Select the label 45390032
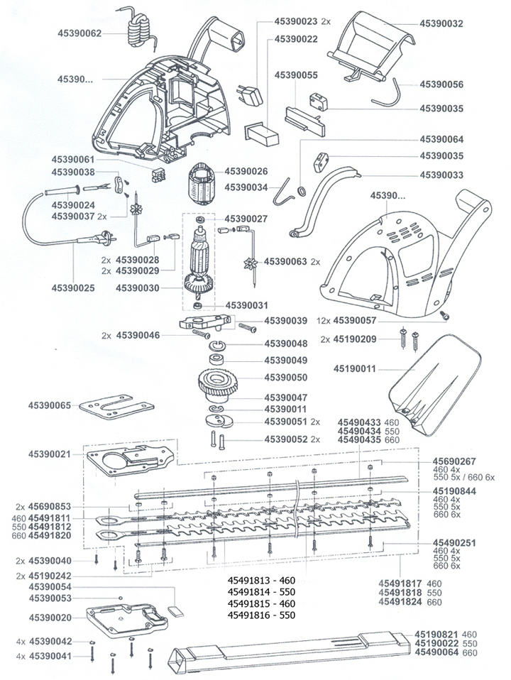(441, 23)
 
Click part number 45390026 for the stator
(246, 171)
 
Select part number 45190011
(357, 369)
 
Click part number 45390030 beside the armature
(141, 288)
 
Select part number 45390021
(50, 453)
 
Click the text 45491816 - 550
(260, 614)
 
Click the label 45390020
(50, 618)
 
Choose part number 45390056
(441, 84)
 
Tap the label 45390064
(441, 139)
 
